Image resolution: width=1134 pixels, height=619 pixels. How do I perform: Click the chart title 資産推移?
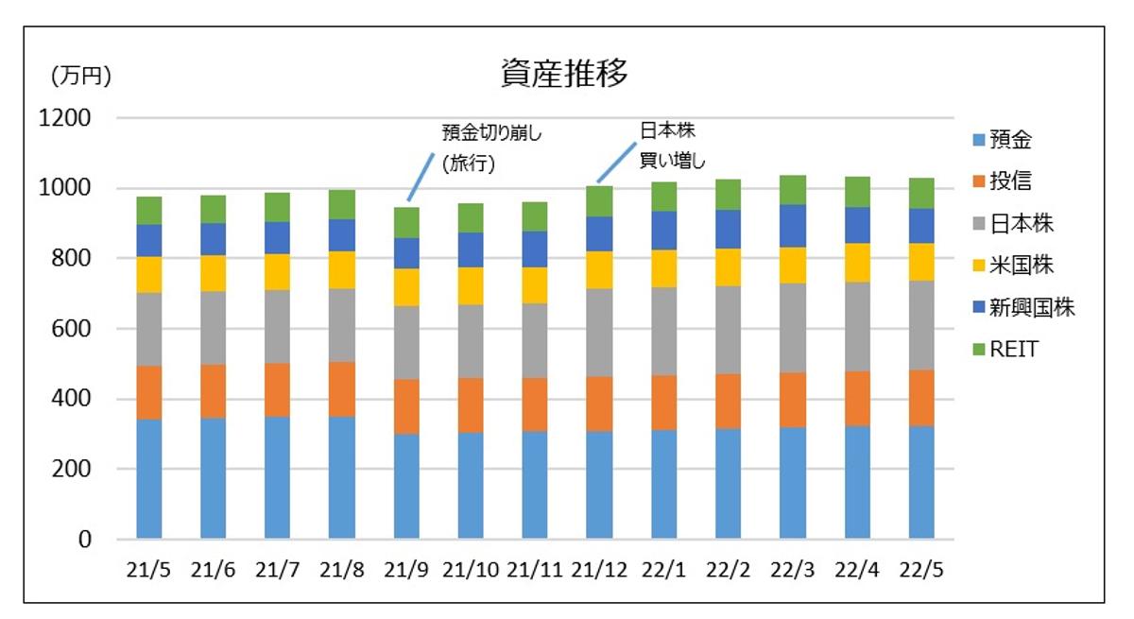[564, 74]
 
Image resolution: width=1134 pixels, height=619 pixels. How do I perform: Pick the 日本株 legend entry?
[1021, 224]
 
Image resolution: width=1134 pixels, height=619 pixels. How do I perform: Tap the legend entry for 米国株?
[1021, 266]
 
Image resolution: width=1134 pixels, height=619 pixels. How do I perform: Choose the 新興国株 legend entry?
[1031, 307]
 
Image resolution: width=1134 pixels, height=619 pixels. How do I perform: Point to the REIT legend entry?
[1014, 349]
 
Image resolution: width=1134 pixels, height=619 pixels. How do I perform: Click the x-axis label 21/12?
[600, 570]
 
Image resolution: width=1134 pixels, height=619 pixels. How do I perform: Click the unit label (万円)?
[79, 77]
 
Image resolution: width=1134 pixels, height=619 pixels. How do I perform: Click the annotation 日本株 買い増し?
[672, 145]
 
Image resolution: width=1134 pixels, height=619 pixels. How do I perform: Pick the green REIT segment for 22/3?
[792, 190]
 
